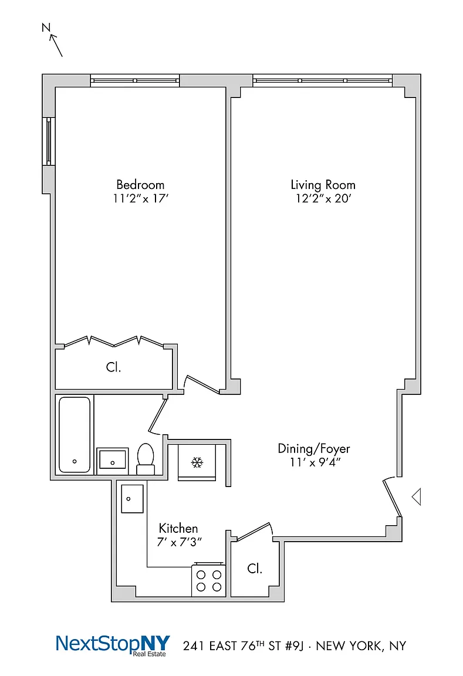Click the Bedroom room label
(x=140, y=184)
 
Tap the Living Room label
(x=323, y=185)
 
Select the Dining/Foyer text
(x=313, y=449)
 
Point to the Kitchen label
(x=178, y=529)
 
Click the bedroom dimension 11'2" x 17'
(x=140, y=199)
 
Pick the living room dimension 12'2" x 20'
(x=323, y=199)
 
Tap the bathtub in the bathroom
(x=75, y=435)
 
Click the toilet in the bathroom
(x=146, y=459)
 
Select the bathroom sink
(x=113, y=461)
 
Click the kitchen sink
(x=132, y=499)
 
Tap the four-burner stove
(x=209, y=579)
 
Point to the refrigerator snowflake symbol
(x=197, y=462)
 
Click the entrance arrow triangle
(x=417, y=496)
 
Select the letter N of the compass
(x=46, y=28)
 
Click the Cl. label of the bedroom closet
(x=113, y=367)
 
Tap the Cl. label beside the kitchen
(x=254, y=569)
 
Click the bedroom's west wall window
(x=49, y=141)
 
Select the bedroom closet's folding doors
(x=114, y=342)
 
